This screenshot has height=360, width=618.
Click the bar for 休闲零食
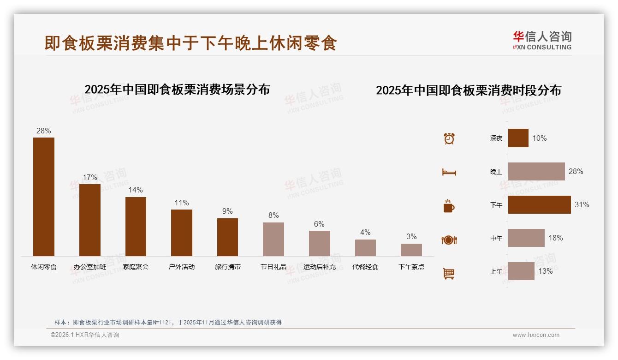[x=43, y=197]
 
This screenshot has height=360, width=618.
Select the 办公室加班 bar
[x=89, y=220]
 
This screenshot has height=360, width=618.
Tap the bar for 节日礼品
[x=273, y=239]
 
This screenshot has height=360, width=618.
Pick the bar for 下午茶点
[x=411, y=250]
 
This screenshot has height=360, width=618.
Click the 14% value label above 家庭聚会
[x=136, y=190]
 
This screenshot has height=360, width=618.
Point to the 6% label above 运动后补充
[x=319, y=224]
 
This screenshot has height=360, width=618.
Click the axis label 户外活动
[x=182, y=267]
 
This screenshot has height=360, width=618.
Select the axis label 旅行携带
[x=227, y=267]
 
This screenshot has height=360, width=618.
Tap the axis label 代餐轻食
[x=365, y=267]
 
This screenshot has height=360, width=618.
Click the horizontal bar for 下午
[x=539, y=204]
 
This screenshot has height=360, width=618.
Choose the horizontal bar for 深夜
[x=518, y=138]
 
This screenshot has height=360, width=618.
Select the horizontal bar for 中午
[x=526, y=238]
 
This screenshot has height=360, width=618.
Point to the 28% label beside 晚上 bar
[x=576, y=171]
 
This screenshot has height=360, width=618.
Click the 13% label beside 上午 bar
[x=546, y=271]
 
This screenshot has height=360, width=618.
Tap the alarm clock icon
[x=449, y=138]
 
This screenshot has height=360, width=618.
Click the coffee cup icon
[x=449, y=206]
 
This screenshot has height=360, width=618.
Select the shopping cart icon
[x=449, y=273]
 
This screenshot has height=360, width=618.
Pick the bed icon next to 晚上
[x=449, y=172]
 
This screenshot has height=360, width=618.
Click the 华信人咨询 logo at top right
[x=542, y=40]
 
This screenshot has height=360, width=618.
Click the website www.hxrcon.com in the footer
[x=536, y=335]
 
